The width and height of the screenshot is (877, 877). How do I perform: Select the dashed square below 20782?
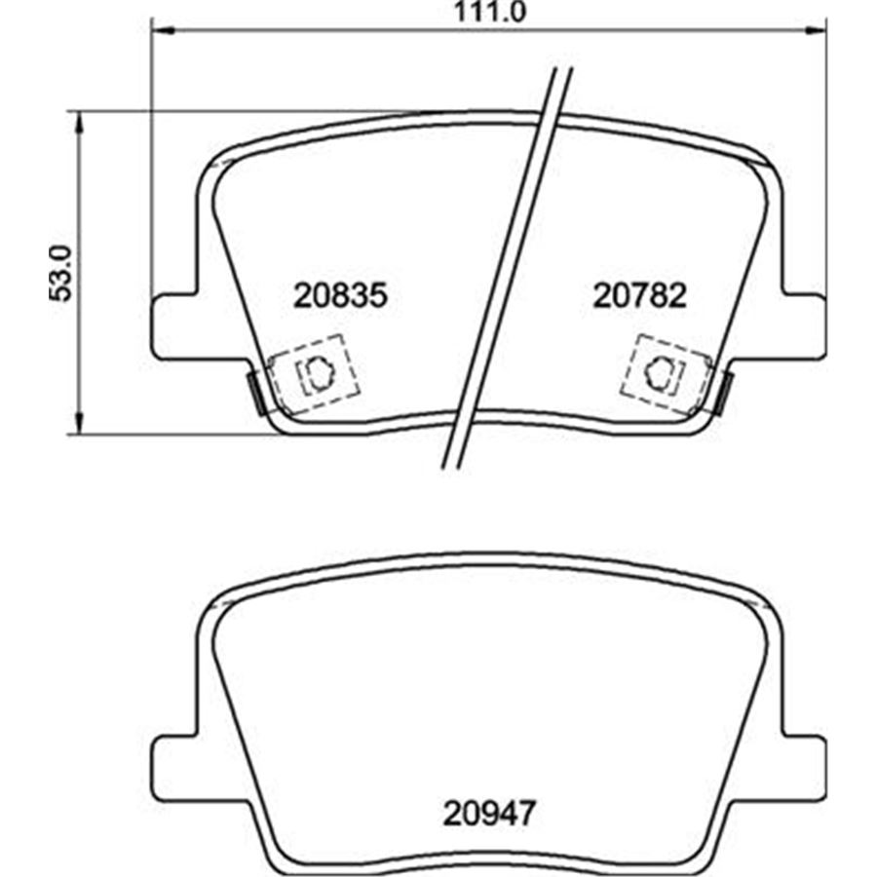click(x=663, y=369)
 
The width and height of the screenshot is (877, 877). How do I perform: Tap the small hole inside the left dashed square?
click(x=317, y=370)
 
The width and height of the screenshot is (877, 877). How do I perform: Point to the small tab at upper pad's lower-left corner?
click(x=255, y=392)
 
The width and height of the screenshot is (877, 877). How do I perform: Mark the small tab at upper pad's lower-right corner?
click(x=723, y=392)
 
